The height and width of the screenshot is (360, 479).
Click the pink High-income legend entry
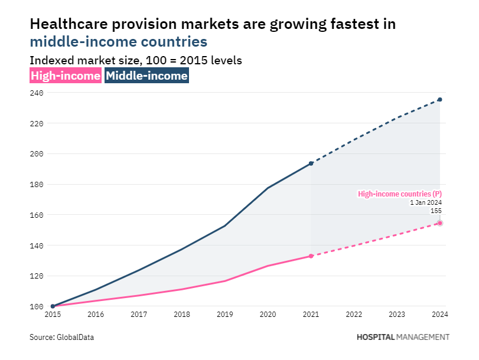tap(65, 76)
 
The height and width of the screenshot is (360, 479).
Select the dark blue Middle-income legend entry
tap(147, 76)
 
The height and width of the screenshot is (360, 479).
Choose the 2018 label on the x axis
tap(182, 315)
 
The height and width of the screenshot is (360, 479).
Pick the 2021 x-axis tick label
tap(311, 315)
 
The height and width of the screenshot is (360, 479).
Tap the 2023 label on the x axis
tap(397, 315)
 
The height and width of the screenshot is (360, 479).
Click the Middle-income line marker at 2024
tap(440, 100)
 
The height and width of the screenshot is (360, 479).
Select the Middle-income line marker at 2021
tap(311, 163)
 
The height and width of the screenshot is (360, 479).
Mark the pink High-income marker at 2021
tap(311, 256)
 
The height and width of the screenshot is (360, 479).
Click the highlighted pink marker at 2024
tap(440, 223)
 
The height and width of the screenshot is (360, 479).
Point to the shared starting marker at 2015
tap(53, 306)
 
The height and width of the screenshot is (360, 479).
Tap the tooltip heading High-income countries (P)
tap(400, 194)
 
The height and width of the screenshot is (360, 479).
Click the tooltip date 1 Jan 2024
tap(426, 202)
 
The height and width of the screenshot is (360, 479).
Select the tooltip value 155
tap(435, 211)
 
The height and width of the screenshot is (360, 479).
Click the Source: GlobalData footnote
tap(62, 338)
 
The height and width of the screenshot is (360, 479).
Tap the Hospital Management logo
tap(403, 337)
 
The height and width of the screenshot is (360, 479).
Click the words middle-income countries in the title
tap(118, 42)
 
